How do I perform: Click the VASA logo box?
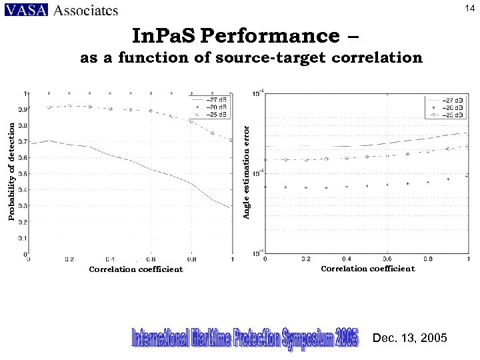click(25, 10)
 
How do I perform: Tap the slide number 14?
click(469, 7)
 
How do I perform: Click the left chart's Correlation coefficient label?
click(136, 269)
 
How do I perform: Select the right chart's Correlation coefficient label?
click(368, 269)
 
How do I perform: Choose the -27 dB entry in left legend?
click(216, 100)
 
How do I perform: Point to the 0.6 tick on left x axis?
click(151, 259)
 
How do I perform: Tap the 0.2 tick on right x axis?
click(306, 259)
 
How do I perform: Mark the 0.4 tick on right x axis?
click(347, 259)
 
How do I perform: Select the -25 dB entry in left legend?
click(216, 114)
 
